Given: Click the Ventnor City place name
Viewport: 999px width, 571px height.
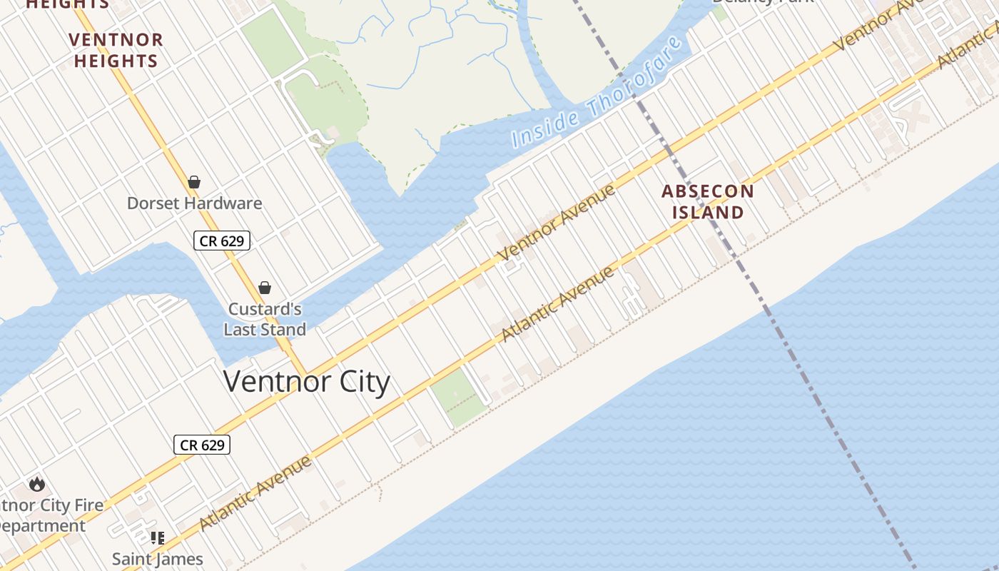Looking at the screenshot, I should coord(307,382).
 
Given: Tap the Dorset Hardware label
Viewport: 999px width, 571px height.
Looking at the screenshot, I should coord(194,203).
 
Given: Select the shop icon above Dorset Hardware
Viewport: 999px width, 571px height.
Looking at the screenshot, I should coord(194,182).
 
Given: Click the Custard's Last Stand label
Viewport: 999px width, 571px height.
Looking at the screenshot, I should coord(265,319).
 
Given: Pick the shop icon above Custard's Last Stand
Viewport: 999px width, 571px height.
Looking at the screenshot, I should coord(265,288).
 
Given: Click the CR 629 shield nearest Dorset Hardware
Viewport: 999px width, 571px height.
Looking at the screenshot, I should coord(222,241).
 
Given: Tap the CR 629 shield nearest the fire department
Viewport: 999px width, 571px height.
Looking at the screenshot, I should coord(202,445).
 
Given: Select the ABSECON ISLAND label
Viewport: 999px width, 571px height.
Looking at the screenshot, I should coord(708,201).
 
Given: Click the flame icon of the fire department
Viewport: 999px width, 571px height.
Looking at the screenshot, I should coord(37,484).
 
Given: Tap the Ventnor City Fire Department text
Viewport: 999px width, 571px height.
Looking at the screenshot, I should coord(50,515).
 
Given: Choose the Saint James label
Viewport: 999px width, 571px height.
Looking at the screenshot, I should coord(158,559).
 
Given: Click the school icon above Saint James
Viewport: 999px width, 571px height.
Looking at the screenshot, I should coord(158,537).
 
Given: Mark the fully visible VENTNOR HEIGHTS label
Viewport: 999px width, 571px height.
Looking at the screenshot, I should coord(116,50).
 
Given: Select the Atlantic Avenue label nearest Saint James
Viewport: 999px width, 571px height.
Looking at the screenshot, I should coord(255,492).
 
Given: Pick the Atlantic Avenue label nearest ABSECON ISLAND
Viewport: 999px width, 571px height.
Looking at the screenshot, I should coord(557,304).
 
